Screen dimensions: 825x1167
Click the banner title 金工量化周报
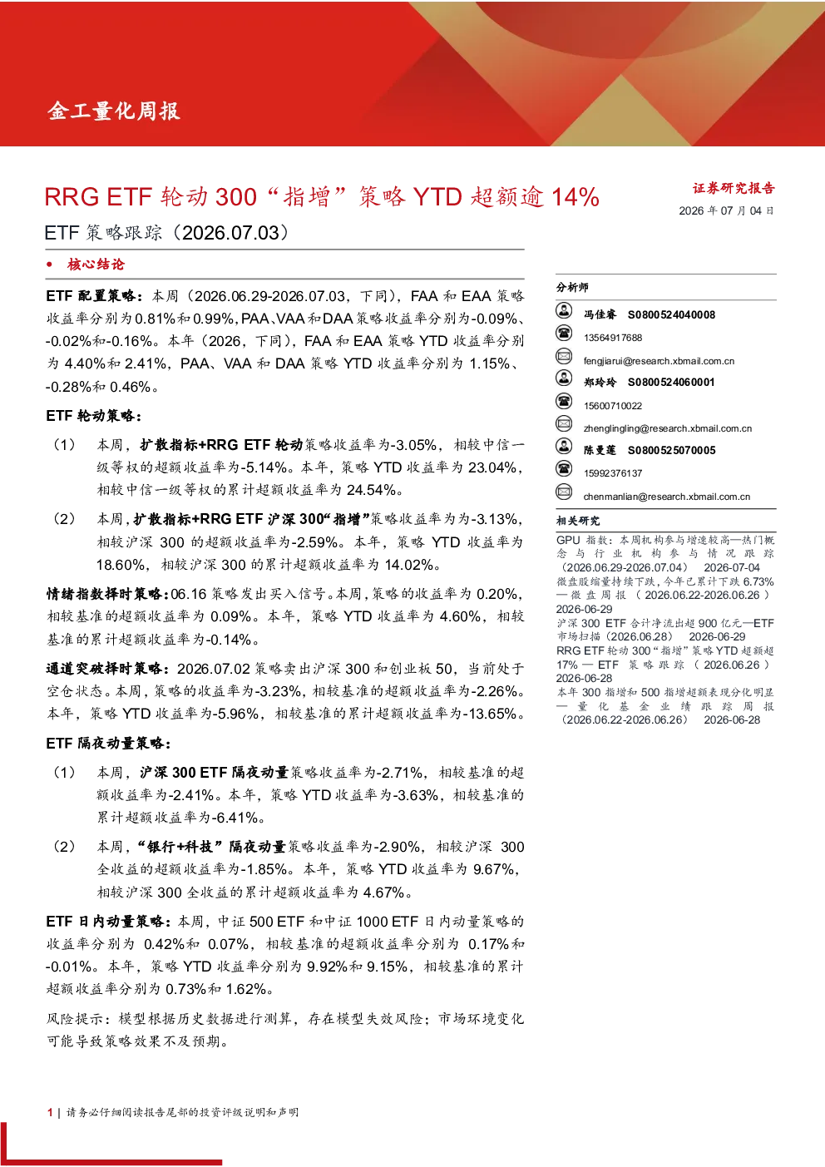pyautogui.click(x=114, y=111)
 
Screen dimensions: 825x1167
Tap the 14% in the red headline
pyautogui.click(x=575, y=197)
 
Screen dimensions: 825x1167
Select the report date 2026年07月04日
pyautogui.click(x=726, y=210)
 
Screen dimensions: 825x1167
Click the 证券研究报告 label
pyautogui.click(x=734, y=188)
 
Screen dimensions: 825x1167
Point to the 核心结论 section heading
pyautogui.click(x=96, y=265)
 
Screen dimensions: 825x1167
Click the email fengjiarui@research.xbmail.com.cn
pyautogui.click(x=659, y=361)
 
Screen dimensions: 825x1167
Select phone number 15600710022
pyautogui.click(x=612, y=405)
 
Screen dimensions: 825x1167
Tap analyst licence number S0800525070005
pyautogui.click(x=671, y=450)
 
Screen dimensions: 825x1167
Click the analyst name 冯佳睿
pyautogui.click(x=600, y=314)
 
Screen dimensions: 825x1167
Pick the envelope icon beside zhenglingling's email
pyautogui.click(x=564, y=423)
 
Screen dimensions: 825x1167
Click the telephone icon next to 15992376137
pyautogui.click(x=564, y=468)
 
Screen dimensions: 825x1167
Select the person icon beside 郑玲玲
pyautogui.click(x=564, y=378)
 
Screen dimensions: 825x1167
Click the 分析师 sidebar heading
pyautogui.click(x=572, y=287)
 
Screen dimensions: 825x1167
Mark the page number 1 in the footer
pyautogui.click(x=50, y=1112)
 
